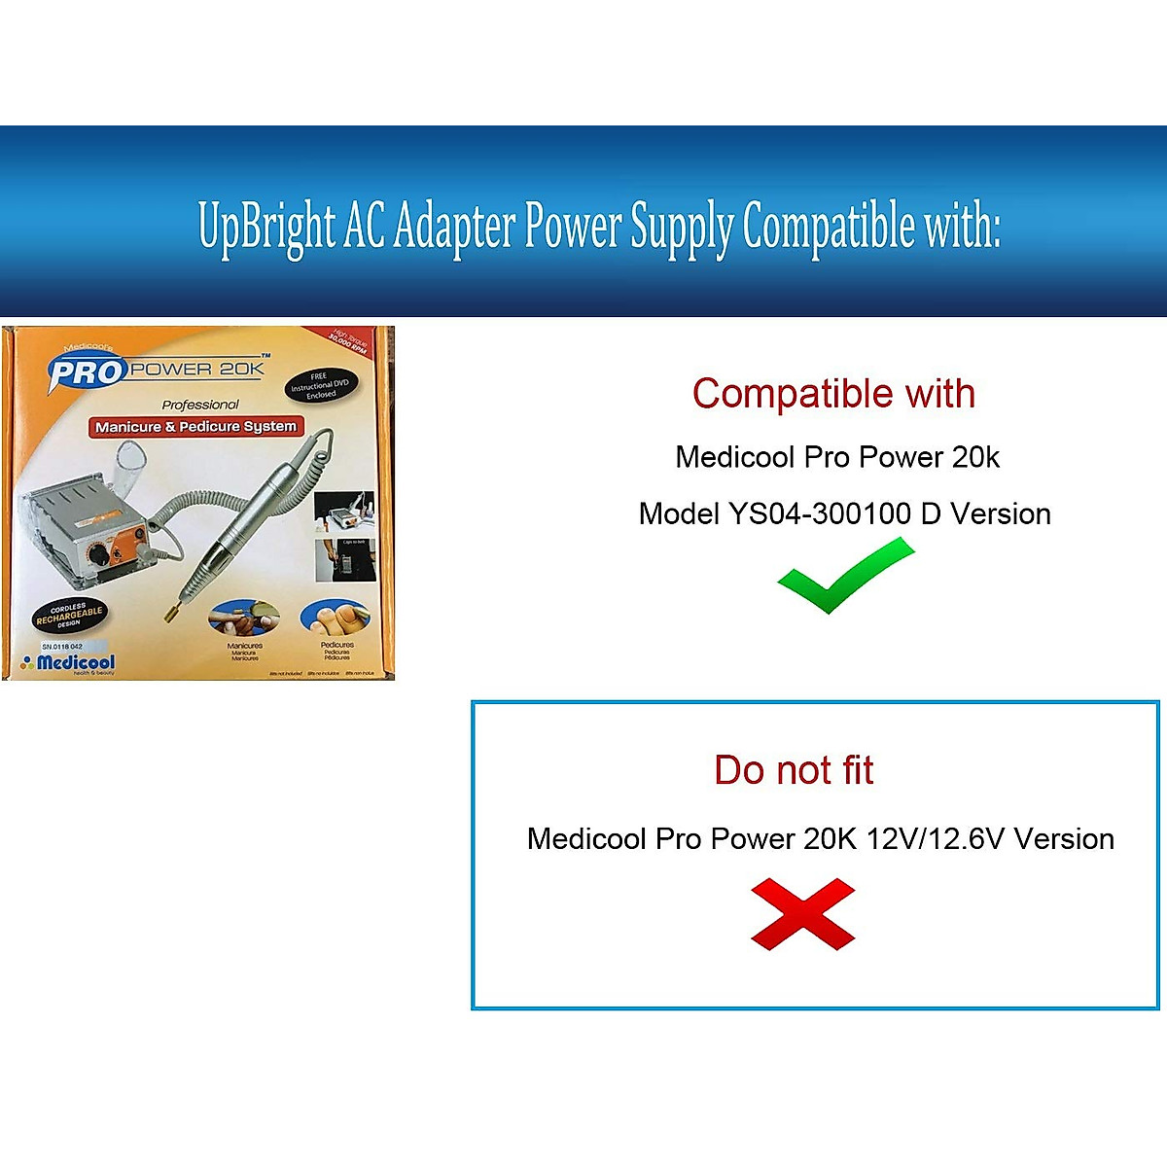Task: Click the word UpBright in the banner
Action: click(266, 226)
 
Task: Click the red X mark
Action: click(802, 913)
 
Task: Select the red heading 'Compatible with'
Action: click(833, 394)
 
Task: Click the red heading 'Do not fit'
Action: click(794, 770)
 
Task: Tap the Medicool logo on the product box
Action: click(70, 663)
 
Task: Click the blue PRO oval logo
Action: click(88, 371)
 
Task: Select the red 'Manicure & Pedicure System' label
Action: click(195, 427)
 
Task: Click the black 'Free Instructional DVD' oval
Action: click(321, 385)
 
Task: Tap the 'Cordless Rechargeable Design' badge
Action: click(69, 616)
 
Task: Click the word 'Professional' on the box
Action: click(200, 405)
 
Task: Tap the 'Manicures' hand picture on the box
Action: click(243, 619)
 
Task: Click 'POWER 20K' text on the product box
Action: click(197, 369)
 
